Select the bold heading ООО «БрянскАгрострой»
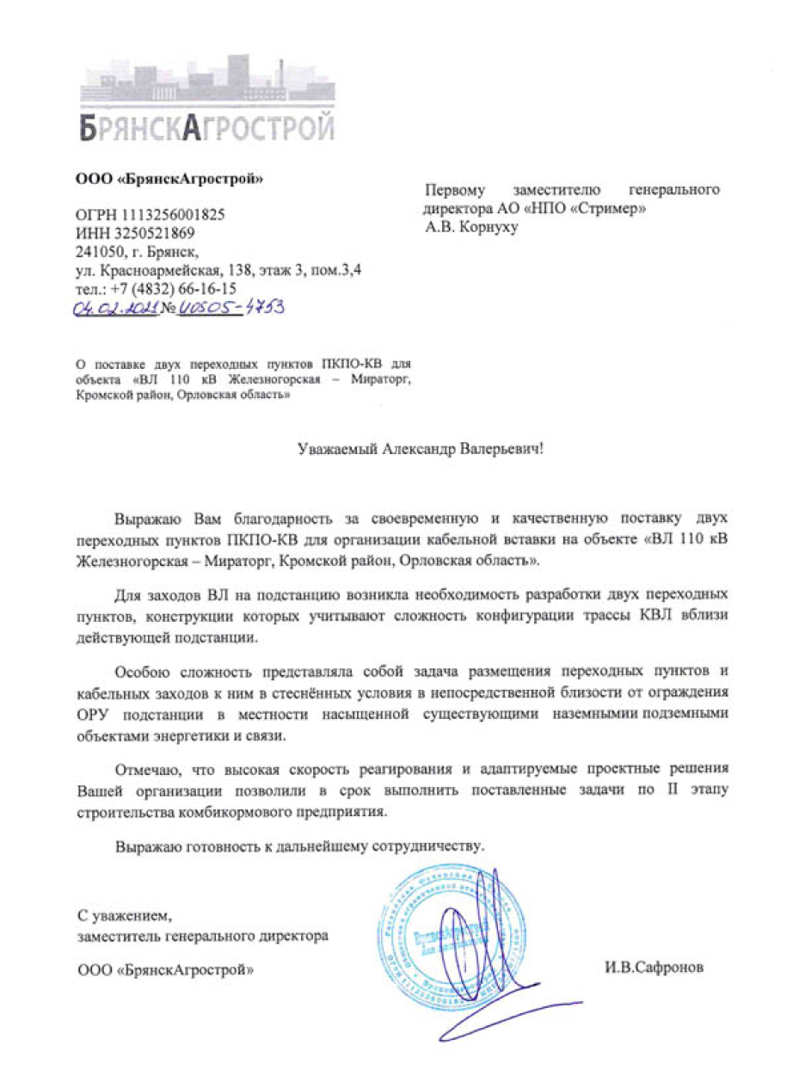pos(169,180)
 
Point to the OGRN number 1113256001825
pos(178,214)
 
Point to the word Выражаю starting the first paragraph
pos(146,519)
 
